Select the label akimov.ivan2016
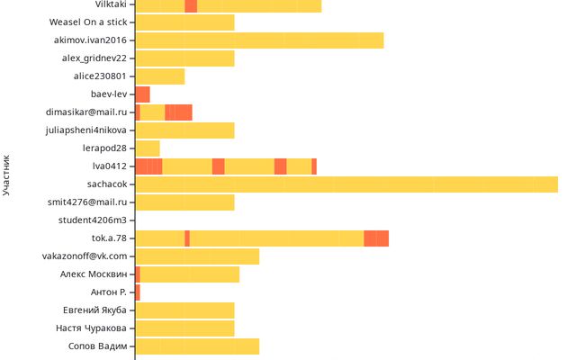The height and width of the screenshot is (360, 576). point(90,40)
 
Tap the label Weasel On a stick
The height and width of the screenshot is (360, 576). point(88,22)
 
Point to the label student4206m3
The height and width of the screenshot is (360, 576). point(93,220)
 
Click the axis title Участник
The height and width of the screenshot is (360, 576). point(7,175)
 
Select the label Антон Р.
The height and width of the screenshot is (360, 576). point(109,292)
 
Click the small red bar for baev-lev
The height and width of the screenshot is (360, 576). point(142,94)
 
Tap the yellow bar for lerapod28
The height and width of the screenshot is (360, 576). point(148,148)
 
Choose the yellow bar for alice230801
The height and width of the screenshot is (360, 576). point(160,76)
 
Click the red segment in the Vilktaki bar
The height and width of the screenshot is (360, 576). point(191,4)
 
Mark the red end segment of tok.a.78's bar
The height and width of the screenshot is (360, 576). point(376,238)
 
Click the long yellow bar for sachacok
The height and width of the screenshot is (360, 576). point(346,184)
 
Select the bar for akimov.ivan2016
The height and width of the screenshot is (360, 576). point(259,40)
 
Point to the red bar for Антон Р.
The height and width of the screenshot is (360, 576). point(138,292)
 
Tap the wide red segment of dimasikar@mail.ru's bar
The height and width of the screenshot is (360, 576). point(178,112)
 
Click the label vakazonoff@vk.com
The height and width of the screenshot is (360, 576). point(85,256)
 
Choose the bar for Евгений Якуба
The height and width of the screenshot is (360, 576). point(184,310)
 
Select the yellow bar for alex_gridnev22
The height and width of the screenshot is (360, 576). point(184,58)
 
